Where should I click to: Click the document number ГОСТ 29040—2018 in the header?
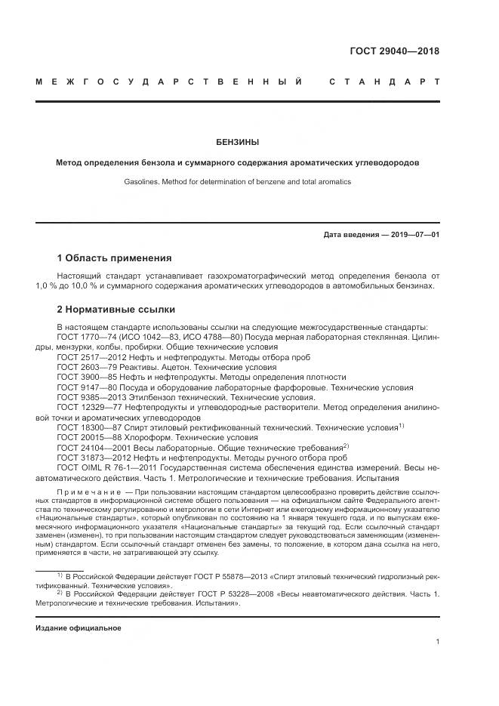(x=395, y=51)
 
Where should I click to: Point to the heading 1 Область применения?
(x=114, y=258)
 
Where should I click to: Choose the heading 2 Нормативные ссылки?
(x=116, y=309)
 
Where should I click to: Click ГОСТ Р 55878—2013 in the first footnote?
(x=198, y=578)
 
